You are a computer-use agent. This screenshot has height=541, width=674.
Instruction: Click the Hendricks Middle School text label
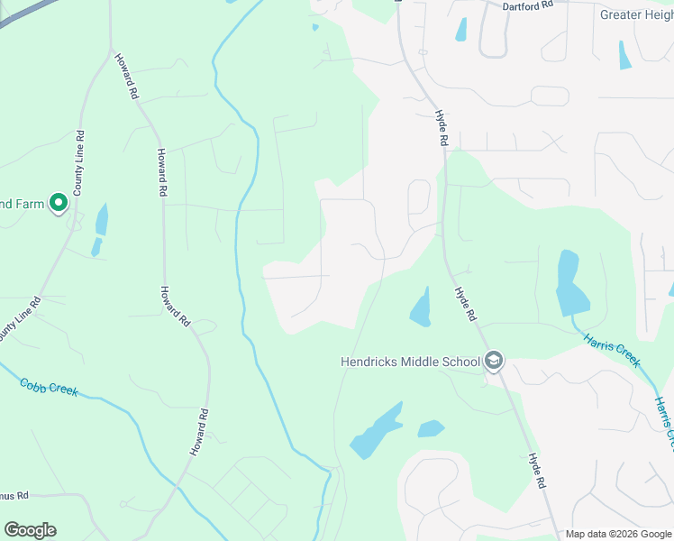tap(410, 362)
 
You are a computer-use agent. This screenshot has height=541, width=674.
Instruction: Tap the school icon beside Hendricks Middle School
tap(493, 362)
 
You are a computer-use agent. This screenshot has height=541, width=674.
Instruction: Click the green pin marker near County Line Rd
tap(59, 203)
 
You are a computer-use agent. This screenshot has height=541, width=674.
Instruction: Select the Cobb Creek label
tap(50, 387)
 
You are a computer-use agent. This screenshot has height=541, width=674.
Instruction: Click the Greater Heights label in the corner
tap(636, 14)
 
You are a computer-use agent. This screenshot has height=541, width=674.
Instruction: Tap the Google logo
tap(30, 530)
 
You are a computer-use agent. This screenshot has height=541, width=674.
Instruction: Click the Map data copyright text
tap(618, 534)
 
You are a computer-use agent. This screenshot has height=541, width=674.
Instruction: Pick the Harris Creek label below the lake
tap(612, 350)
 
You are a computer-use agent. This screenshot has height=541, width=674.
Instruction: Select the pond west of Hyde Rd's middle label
tap(421, 308)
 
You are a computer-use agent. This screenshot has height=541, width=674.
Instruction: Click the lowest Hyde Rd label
tap(539, 471)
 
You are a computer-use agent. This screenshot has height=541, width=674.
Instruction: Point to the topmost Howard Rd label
tap(126, 76)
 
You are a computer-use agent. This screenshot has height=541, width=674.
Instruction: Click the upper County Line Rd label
tap(79, 163)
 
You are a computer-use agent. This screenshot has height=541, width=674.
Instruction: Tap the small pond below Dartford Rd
tap(462, 29)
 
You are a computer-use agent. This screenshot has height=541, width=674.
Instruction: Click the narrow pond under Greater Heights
tap(624, 55)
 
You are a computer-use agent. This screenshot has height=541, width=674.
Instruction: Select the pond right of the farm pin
tap(101, 220)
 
